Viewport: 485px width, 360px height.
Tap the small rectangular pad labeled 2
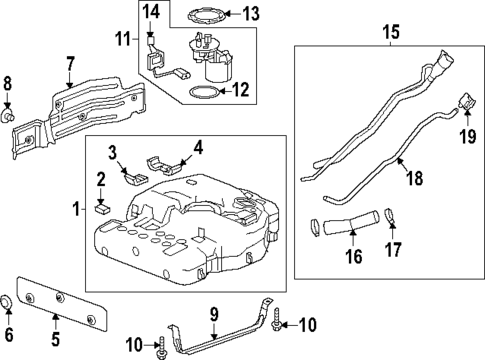[x=101, y=209]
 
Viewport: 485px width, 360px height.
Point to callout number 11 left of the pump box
[x=123, y=41]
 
